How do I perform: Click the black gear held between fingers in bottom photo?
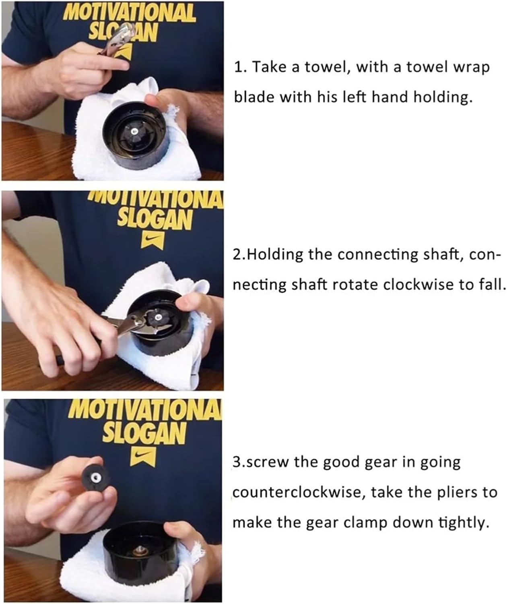[95, 477]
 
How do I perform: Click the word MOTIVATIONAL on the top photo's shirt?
[130, 13]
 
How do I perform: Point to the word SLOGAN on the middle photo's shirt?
[155, 219]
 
